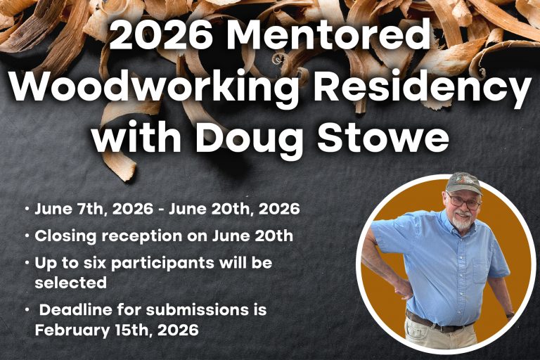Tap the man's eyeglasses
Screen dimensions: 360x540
click(x=463, y=202)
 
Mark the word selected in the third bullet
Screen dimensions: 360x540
click(x=70, y=282)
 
